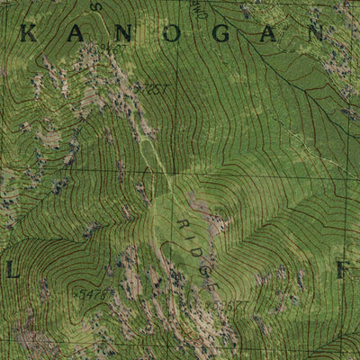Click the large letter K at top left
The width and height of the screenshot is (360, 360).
(x=29, y=34)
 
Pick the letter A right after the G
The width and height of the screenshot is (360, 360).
(x=265, y=34)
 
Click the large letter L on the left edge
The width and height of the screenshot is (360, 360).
(x=11, y=269)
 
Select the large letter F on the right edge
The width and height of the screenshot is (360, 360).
(x=342, y=269)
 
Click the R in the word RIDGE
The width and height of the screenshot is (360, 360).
(x=184, y=224)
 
